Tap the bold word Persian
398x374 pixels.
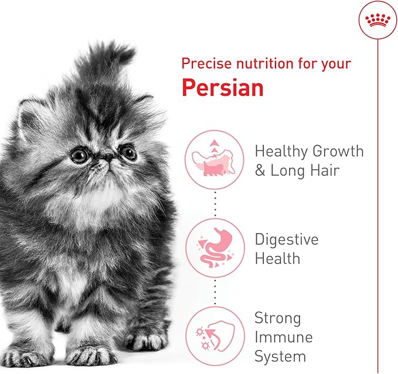tap(222, 87)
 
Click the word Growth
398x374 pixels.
tap(337, 151)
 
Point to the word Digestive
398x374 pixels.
tap(287, 240)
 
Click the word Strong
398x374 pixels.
tap(278, 319)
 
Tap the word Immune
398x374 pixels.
tap(283, 338)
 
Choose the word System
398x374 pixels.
tap(280, 356)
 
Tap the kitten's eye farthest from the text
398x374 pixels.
tap(80, 156)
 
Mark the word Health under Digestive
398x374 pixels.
tap(277, 258)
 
